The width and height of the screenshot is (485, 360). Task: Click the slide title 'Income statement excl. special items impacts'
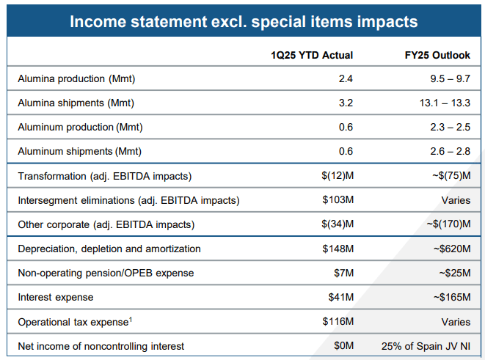coord(243,21)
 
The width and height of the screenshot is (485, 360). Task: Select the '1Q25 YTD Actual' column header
coord(312,55)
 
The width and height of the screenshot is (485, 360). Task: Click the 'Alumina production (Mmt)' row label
coord(77,78)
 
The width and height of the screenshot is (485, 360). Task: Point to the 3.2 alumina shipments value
coord(345,103)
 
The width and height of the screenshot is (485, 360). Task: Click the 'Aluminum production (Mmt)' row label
coord(80,127)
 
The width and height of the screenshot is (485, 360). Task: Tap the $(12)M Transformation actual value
coord(338,176)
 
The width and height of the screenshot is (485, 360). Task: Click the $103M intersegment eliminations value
coord(338,200)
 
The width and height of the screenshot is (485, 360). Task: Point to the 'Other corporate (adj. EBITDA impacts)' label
coord(106,224)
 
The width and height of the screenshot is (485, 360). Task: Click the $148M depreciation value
coord(338,249)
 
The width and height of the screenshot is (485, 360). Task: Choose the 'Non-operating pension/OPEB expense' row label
coord(106,273)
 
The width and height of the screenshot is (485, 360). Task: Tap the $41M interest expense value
coord(340,297)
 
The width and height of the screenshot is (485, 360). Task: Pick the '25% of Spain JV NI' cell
coord(426,345)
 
